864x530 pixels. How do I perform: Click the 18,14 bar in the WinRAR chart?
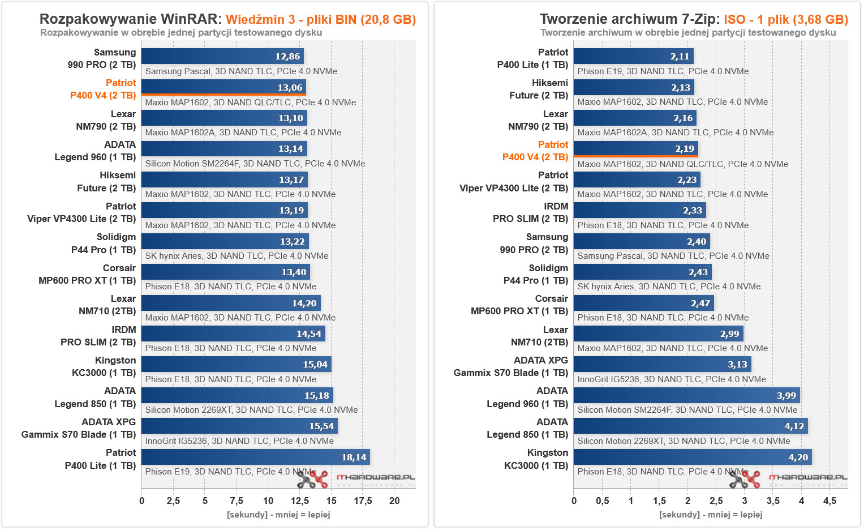(255, 457)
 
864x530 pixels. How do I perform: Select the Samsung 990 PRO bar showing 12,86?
(222, 56)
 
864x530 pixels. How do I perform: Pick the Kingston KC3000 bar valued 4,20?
(693, 457)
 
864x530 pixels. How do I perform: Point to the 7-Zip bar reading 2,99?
(658, 334)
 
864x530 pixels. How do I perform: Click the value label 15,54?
(321, 426)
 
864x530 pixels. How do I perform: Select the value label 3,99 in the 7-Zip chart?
(786, 396)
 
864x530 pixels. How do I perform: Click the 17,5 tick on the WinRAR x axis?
(363, 501)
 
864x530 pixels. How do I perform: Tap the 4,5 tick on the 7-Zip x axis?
(829, 501)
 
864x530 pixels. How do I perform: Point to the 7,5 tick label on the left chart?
(237, 501)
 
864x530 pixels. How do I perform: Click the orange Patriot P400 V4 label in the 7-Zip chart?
(535, 151)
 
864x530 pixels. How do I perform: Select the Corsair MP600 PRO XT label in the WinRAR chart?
(87, 274)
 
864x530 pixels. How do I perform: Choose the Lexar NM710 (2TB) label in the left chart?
(107, 305)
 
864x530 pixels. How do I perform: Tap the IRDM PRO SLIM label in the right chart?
(530, 212)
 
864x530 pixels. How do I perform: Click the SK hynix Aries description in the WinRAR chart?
(237, 256)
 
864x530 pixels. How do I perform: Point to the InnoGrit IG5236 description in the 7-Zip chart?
(672, 379)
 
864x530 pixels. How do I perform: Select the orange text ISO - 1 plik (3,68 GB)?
(785, 19)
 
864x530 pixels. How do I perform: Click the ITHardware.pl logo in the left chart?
(356, 479)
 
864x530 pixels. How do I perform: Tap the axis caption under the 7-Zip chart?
(711, 515)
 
